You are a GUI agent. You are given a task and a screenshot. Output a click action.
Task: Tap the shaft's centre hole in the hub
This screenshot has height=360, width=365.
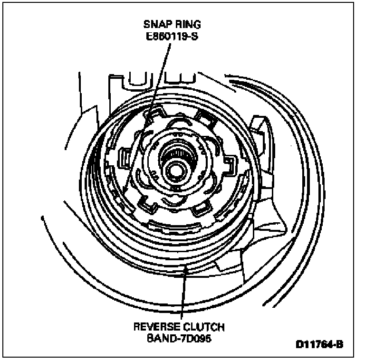point(176,169)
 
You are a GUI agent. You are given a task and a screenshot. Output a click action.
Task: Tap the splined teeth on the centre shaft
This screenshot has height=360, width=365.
point(176,155)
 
